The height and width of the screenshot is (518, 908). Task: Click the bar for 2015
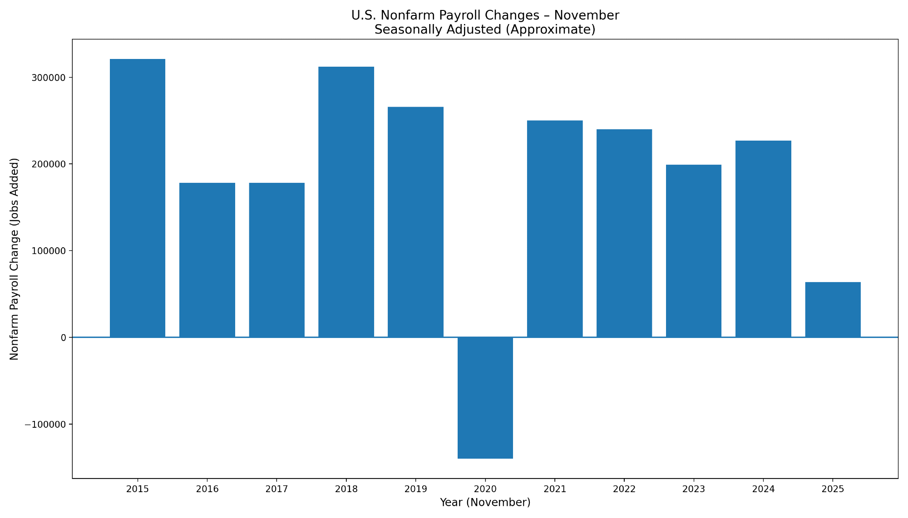point(138,198)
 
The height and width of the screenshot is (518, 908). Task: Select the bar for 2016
point(207,260)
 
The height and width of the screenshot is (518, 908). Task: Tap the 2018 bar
point(346,202)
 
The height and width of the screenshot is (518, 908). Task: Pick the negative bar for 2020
point(485,398)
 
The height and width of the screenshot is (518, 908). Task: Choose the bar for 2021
point(555,229)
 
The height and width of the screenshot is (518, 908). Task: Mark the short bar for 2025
point(833,310)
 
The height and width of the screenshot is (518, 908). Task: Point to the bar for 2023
point(694,251)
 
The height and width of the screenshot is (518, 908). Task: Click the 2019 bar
point(415,222)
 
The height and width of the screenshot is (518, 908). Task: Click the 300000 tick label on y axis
point(48,78)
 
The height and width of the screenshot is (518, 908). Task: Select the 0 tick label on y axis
point(64,338)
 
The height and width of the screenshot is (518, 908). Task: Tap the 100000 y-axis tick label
point(48,251)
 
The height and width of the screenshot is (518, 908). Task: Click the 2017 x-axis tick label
point(276,489)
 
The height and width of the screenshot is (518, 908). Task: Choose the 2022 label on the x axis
point(624,489)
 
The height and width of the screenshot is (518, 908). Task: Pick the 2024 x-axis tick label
point(763,489)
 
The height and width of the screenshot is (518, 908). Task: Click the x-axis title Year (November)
point(485,503)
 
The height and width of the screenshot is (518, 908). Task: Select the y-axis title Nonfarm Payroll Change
point(15,259)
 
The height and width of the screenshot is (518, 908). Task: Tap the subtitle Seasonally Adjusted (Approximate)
point(485,30)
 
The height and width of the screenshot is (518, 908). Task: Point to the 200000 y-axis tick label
point(48,164)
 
